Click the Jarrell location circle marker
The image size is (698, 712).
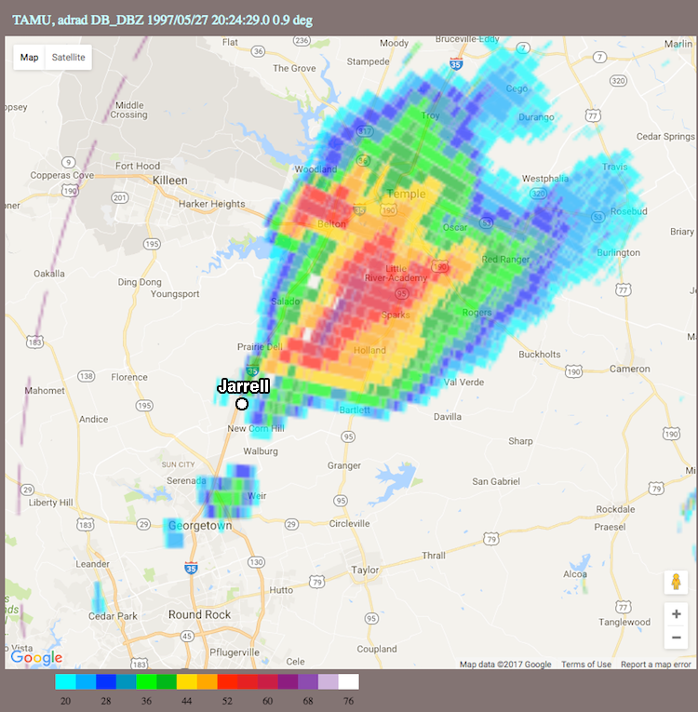[x=242, y=404]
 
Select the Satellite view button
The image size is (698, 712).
[x=68, y=57]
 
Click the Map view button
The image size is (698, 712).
[x=30, y=57]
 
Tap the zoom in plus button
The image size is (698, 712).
[x=676, y=614]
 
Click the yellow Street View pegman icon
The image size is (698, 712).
[x=676, y=583]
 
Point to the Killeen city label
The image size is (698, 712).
[x=169, y=181]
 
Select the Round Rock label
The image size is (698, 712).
[x=199, y=614]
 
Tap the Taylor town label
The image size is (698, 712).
[x=365, y=570]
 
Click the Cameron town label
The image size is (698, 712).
[x=629, y=369]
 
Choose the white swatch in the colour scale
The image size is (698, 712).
[x=348, y=681]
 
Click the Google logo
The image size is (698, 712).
[x=37, y=658]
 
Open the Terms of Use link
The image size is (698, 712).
[x=586, y=665]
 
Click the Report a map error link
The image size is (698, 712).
[x=655, y=665]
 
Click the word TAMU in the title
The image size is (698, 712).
[x=31, y=18]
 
